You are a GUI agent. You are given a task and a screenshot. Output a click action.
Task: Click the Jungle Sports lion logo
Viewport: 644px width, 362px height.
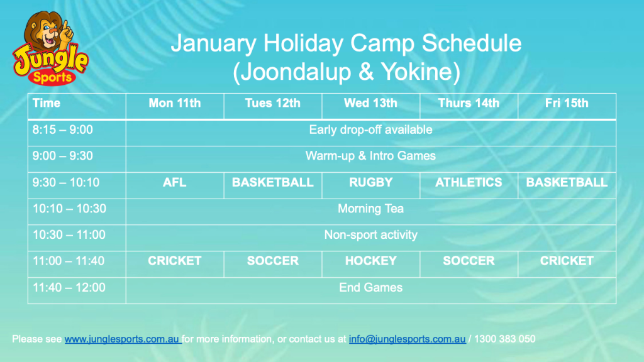[50, 48]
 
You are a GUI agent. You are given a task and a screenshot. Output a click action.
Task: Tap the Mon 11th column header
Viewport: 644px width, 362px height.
[175, 103]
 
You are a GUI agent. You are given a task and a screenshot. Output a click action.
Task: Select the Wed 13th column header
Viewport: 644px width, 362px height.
[370, 103]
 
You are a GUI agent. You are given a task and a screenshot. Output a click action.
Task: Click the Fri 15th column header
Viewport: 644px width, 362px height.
[567, 103]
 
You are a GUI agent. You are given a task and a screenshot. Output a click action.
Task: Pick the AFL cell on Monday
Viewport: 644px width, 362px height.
[175, 182]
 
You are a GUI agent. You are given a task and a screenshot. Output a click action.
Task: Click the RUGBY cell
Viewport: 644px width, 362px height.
[370, 182]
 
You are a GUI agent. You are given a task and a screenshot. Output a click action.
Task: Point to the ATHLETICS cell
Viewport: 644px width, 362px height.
[469, 182]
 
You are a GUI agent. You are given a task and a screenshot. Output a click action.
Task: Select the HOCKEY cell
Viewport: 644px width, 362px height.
[370, 261]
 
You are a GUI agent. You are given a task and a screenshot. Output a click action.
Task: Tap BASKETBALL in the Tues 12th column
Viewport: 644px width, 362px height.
[273, 182]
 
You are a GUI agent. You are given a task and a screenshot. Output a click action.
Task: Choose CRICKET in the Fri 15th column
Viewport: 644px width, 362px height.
[567, 261]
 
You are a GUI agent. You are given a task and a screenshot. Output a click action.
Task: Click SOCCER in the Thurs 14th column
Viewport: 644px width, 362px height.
[469, 261]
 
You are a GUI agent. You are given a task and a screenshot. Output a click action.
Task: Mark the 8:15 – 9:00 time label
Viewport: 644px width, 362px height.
[62, 129]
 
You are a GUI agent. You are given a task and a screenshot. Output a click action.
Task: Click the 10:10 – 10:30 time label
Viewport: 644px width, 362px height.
[69, 209]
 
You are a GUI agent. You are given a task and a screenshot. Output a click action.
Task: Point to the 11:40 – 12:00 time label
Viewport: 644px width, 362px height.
[69, 287]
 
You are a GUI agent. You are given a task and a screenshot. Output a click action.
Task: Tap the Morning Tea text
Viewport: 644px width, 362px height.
[370, 209]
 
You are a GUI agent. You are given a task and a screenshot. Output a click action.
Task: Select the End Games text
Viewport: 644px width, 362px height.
[370, 287]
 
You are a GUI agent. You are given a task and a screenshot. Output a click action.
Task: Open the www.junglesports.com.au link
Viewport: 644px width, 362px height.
[122, 339]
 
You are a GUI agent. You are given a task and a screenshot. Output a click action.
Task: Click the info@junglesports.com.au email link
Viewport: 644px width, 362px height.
[407, 339]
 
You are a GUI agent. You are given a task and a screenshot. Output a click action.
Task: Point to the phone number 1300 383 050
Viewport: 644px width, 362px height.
[504, 339]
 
